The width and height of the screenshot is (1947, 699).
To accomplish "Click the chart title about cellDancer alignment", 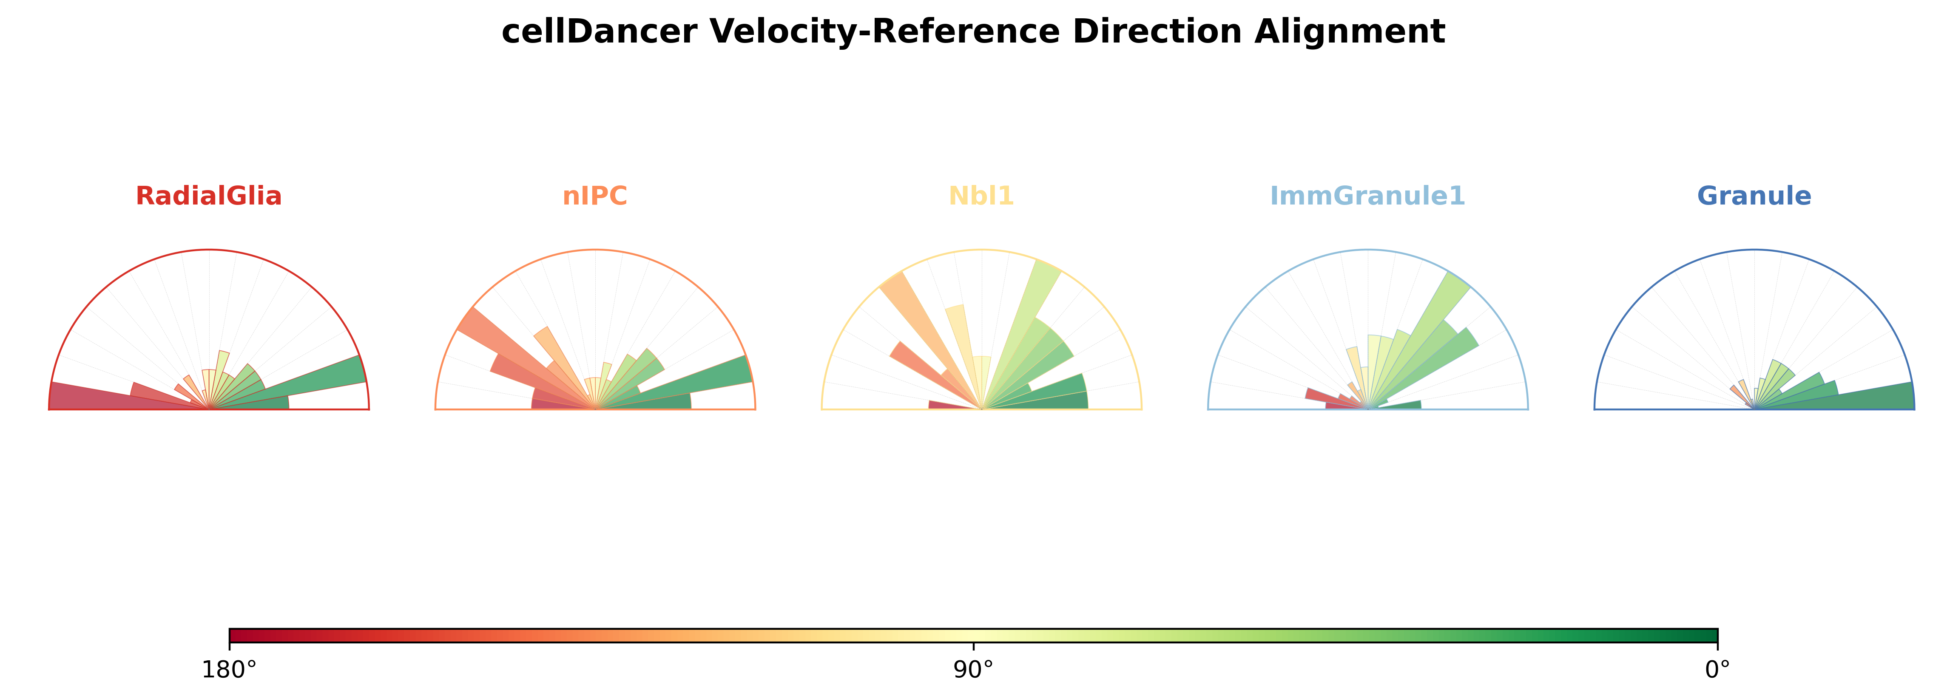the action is click(974, 32).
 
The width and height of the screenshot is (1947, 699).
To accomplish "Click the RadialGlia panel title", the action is click(209, 196).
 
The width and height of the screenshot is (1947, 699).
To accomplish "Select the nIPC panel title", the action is click(595, 196).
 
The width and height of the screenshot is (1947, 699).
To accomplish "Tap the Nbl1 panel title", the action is click(981, 196).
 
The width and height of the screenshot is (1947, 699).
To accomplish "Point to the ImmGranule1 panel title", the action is click(1367, 196).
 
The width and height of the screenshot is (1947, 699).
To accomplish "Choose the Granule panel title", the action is click(1754, 196).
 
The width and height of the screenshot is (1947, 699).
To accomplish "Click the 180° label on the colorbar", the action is click(229, 670).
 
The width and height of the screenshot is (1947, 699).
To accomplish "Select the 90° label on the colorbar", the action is click(974, 670).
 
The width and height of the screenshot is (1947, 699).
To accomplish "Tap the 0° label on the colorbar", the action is click(1718, 670).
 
